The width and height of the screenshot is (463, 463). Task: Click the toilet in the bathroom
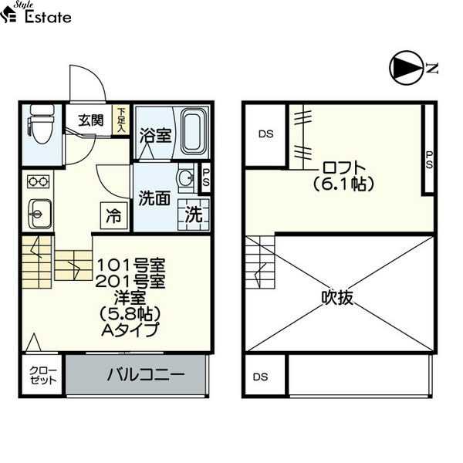click(42, 123)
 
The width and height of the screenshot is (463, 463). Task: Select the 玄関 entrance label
click(91, 120)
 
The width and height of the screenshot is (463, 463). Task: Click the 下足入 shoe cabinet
click(121, 120)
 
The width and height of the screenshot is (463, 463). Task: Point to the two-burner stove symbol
click(38, 181)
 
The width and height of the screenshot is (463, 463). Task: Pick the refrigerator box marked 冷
click(113, 215)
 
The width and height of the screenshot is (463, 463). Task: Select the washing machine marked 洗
click(194, 215)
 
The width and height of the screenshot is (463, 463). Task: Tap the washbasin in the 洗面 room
click(186, 178)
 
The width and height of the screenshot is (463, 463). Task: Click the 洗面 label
click(155, 198)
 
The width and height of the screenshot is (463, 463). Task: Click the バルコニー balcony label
click(146, 375)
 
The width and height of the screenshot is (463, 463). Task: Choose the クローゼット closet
click(42, 375)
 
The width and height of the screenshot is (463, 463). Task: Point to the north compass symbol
click(407, 68)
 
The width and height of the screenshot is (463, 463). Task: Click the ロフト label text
click(344, 167)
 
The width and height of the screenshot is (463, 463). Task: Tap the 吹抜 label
click(337, 297)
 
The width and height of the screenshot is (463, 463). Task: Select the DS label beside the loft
click(266, 134)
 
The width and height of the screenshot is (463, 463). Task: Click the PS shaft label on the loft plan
click(429, 160)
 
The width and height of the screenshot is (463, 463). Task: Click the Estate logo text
click(48, 17)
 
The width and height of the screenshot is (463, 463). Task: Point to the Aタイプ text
click(130, 330)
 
